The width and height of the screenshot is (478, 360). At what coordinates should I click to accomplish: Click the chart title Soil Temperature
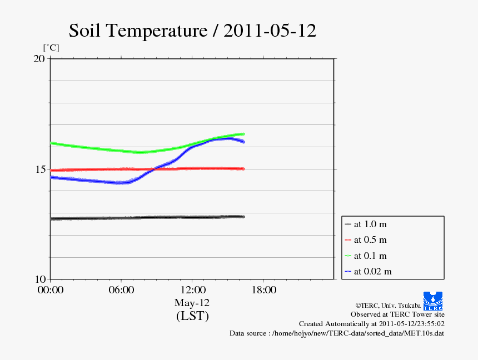click(x=138, y=31)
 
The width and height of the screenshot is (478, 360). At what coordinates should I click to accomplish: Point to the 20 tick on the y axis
click(x=39, y=58)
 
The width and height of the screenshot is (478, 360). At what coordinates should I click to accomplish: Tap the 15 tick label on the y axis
click(x=39, y=169)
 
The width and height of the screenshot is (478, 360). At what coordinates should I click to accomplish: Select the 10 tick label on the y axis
click(x=39, y=279)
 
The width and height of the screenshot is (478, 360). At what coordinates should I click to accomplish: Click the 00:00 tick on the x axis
click(x=50, y=289)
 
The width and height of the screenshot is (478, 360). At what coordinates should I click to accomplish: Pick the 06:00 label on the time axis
click(x=121, y=289)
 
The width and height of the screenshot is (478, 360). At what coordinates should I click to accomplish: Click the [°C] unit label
click(x=51, y=48)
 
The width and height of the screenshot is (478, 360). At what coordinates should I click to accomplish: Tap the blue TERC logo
click(x=433, y=301)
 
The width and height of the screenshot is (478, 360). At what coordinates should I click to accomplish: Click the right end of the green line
click(x=243, y=134)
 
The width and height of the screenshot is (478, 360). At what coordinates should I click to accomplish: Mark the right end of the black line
click(x=243, y=217)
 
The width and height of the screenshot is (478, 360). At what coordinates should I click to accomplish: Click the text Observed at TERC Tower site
click(x=397, y=314)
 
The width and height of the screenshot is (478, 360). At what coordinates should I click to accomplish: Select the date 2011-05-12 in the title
click(x=270, y=31)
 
